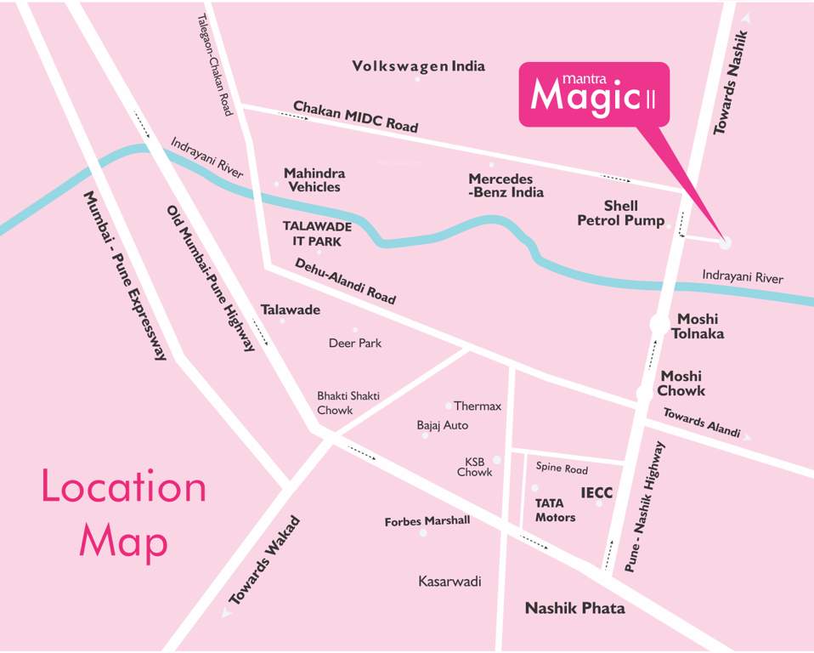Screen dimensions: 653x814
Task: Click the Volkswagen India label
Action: (x=418, y=66)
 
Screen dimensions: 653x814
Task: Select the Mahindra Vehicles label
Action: (x=314, y=179)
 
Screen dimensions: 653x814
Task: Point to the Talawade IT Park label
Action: (x=317, y=234)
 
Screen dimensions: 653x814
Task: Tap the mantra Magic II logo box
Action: (x=594, y=94)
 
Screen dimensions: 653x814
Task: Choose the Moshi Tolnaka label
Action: (x=698, y=326)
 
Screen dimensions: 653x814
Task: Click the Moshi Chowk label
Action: (x=682, y=383)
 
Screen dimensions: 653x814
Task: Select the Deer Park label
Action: (x=355, y=343)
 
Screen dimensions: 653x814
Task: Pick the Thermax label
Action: (x=478, y=406)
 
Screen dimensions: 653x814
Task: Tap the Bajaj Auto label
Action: (x=442, y=425)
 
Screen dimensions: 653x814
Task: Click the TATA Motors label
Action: (x=555, y=510)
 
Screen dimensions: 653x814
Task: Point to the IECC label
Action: (x=596, y=492)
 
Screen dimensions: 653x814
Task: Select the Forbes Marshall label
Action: (x=427, y=521)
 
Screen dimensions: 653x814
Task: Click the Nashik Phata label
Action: (x=574, y=608)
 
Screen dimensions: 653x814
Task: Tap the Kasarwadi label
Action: (x=449, y=582)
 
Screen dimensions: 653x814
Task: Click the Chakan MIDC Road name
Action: (x=355, y=116)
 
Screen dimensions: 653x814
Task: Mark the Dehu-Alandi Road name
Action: (x=345, y=281)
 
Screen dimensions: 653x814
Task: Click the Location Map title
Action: (x=124, y=514)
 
